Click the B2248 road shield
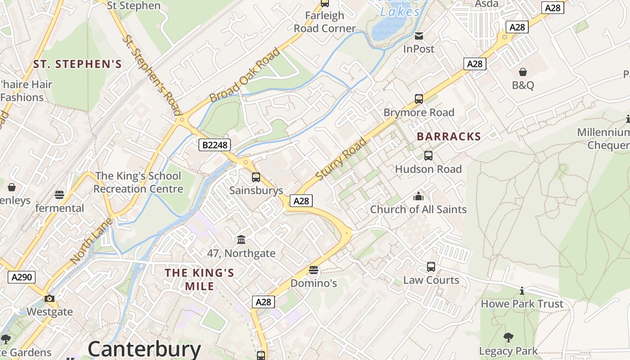point(215,144)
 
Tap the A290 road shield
point(22,277)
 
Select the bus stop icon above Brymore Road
point(419,99)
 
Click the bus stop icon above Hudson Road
point(428,156)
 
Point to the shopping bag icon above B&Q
point(523,72)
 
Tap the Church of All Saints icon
point(418,196)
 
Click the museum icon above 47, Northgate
point(241,239)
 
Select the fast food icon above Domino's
point(314,270)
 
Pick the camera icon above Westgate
point(49,298)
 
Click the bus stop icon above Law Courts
point(431,267)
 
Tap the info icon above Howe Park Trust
point(522,291)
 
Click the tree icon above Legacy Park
point(508,337)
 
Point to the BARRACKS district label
point(449,136)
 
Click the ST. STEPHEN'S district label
point(77,64)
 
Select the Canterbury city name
point(144,349)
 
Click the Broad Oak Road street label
point(245,75)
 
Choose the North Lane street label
point(91,241)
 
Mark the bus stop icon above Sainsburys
point(256,177)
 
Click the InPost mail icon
point(419,36)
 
